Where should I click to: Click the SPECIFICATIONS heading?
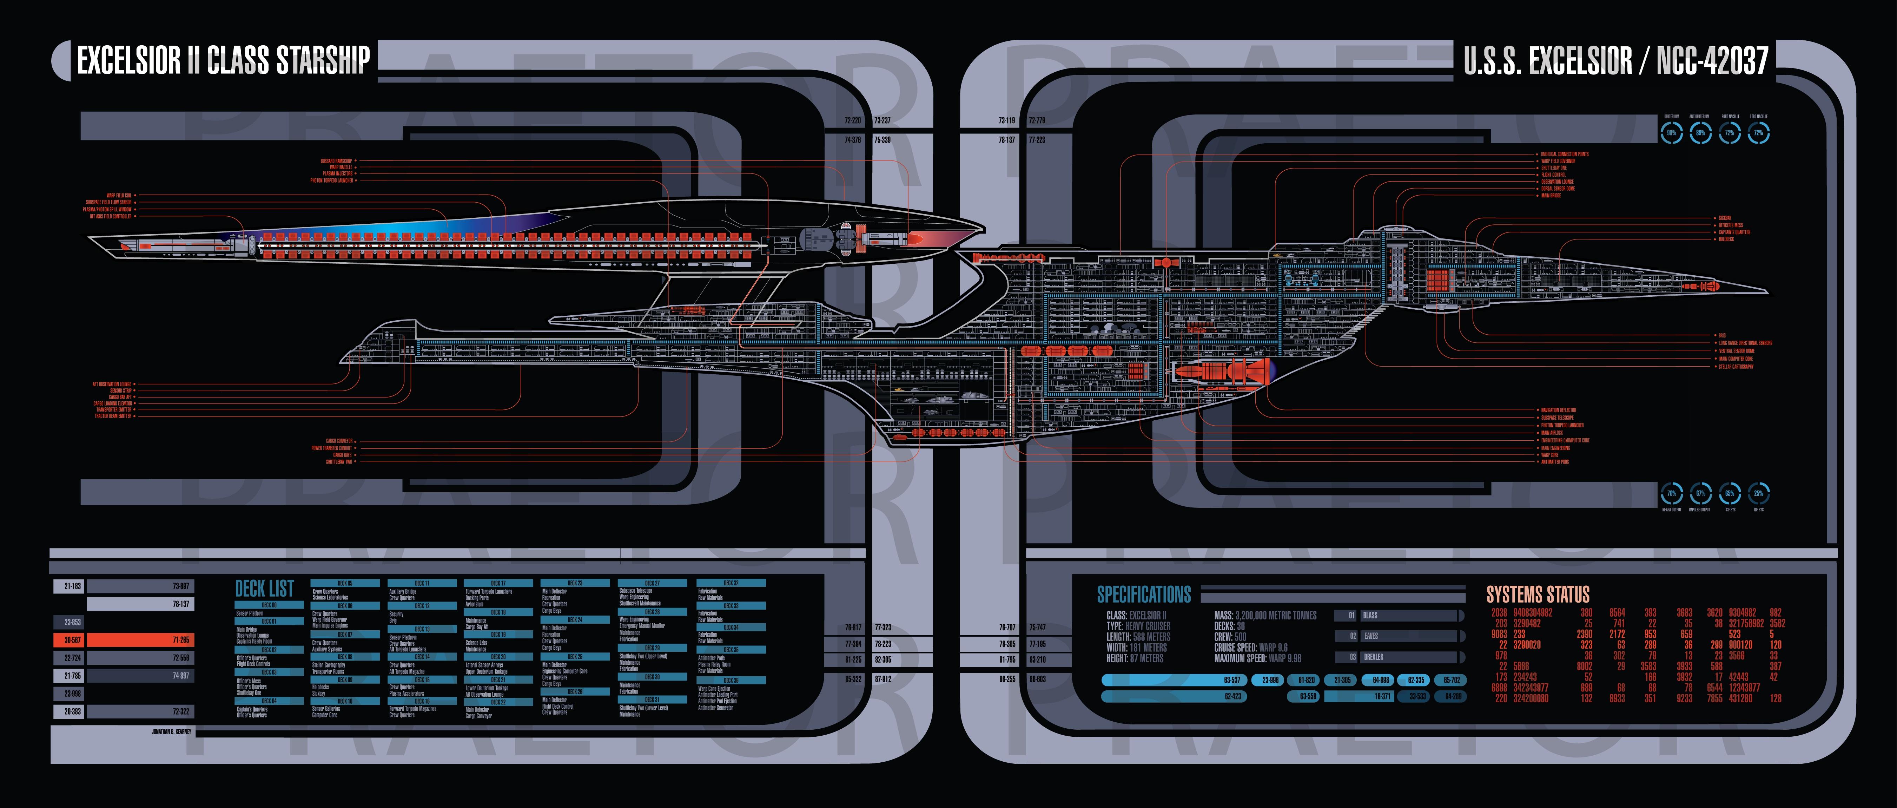1144,594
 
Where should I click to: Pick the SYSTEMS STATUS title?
1538,594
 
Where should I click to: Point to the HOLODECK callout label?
1726,239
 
